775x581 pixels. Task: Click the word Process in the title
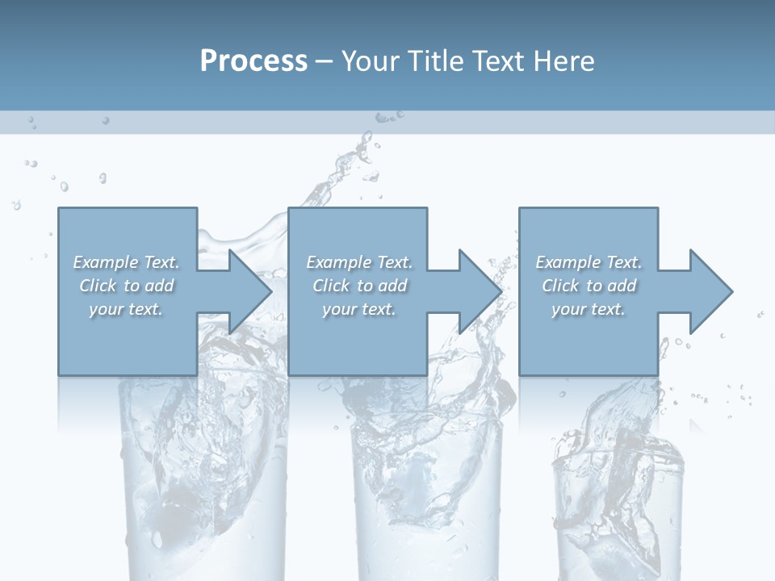[253, 61]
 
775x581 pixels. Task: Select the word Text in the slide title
[499, 61]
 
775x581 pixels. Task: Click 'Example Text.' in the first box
[127, 262]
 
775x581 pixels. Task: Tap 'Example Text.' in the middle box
[359, 262]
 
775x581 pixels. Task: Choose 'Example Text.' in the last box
[589, 262]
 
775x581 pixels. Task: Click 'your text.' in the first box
[127, 309]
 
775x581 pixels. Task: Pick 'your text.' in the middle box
[359, 309]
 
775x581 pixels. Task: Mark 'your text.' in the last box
[589, 309]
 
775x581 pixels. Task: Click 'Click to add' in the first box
[127, 286]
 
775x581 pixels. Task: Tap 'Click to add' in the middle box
[359, 286]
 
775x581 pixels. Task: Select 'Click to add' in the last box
[589, 286]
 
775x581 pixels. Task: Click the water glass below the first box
[202, 484]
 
